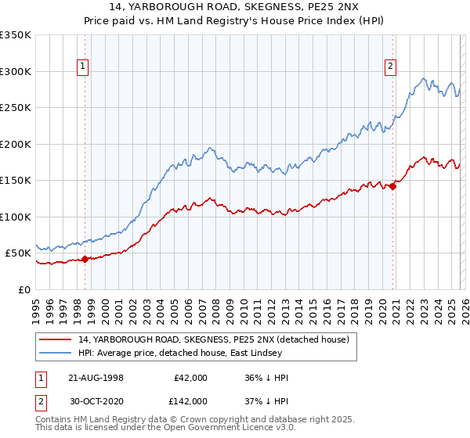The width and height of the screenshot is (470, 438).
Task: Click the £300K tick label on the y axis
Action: (16, 71)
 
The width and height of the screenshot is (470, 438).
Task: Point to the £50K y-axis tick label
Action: (18, 253)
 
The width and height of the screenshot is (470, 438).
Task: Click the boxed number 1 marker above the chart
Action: (84, 66)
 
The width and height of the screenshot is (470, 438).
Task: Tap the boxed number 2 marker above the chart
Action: (390, 66)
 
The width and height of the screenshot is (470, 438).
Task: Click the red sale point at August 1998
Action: (85, 260)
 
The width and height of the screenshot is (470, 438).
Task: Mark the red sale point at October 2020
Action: (392, 186)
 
